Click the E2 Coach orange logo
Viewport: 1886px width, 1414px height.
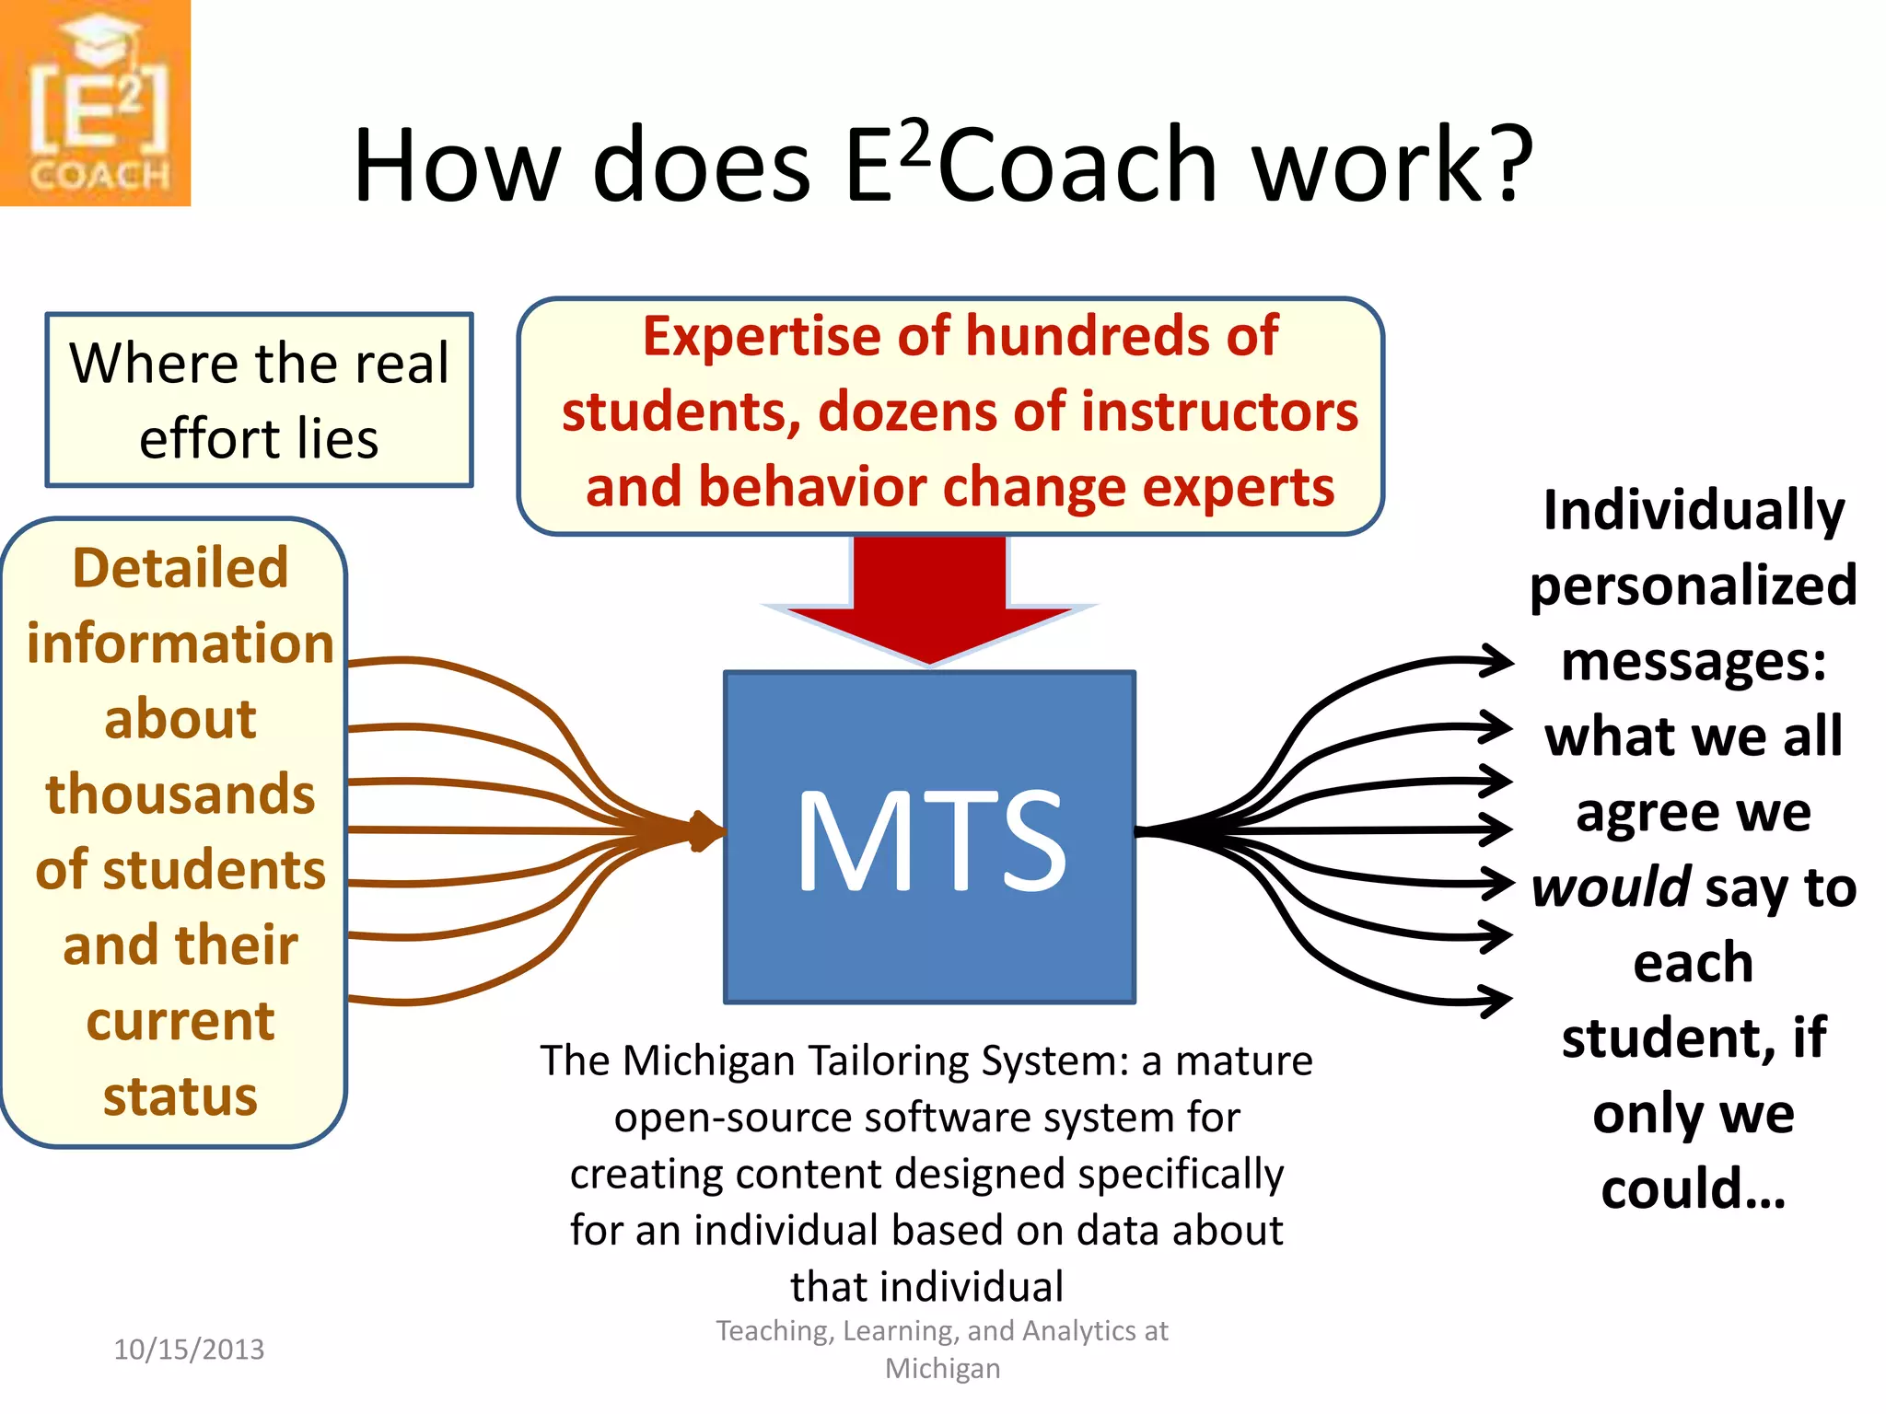coord(95,102)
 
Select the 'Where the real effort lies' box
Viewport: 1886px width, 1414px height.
coord(259,400)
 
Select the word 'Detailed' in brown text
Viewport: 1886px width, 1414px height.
coord(180,567)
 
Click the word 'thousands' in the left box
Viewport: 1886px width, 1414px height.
coord(180,794)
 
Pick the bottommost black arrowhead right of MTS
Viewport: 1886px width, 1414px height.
coord(1494,1001)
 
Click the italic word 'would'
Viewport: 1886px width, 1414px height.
coord(1611,887)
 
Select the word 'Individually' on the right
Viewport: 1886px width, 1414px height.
coord(1693,510)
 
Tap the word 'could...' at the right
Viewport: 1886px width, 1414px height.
coord(1693,1188)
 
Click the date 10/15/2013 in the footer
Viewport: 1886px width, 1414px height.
coord(189,1350)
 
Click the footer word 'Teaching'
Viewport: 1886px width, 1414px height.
coord(773,1331)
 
